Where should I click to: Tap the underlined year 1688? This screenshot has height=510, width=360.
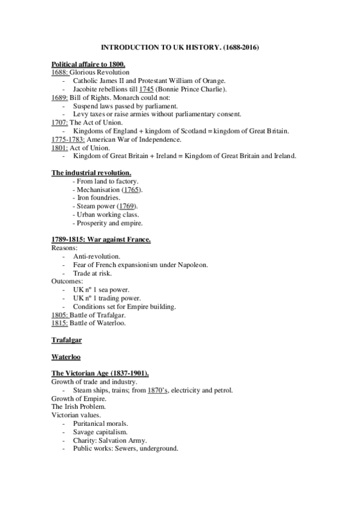coord(61,72)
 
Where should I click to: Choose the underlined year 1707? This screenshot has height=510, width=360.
coord(61,123)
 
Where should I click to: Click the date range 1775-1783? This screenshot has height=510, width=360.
coord(68,140)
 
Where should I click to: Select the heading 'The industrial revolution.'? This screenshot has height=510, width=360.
coord(87,173)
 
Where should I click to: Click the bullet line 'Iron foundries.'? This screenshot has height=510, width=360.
coord(100,198)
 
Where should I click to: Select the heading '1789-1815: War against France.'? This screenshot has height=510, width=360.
coord(100,240)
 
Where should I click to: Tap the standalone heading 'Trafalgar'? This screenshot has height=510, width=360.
coord(66,340)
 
